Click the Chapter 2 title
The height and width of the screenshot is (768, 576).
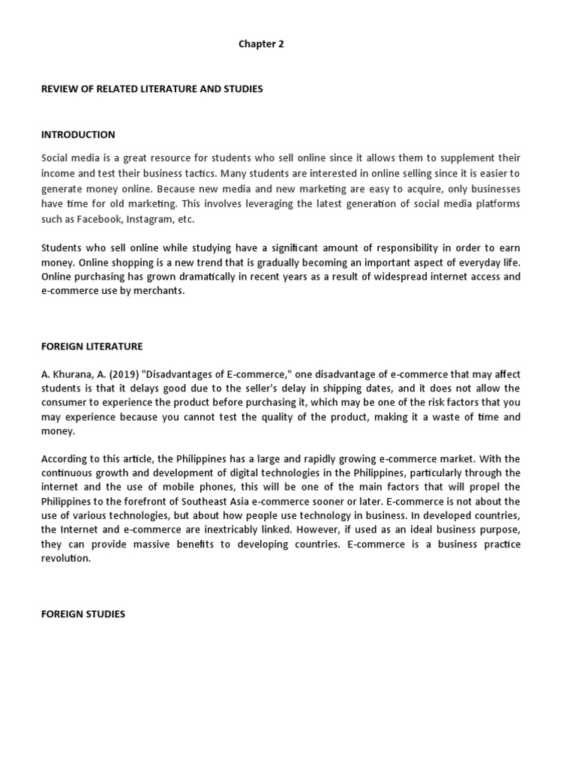click(261, 44)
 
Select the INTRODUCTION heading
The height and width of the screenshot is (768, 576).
click(78, 135)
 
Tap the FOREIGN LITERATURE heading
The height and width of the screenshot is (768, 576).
click(91, 346)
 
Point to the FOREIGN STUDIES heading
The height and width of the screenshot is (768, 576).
click(83, 614)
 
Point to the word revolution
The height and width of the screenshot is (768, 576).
click(65, 559)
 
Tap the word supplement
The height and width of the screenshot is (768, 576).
click(464, 158)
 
